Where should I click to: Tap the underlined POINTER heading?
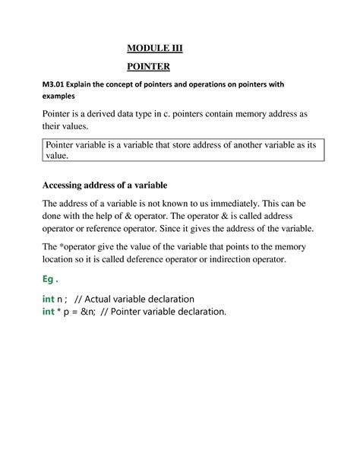click(x=149, y=68)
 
